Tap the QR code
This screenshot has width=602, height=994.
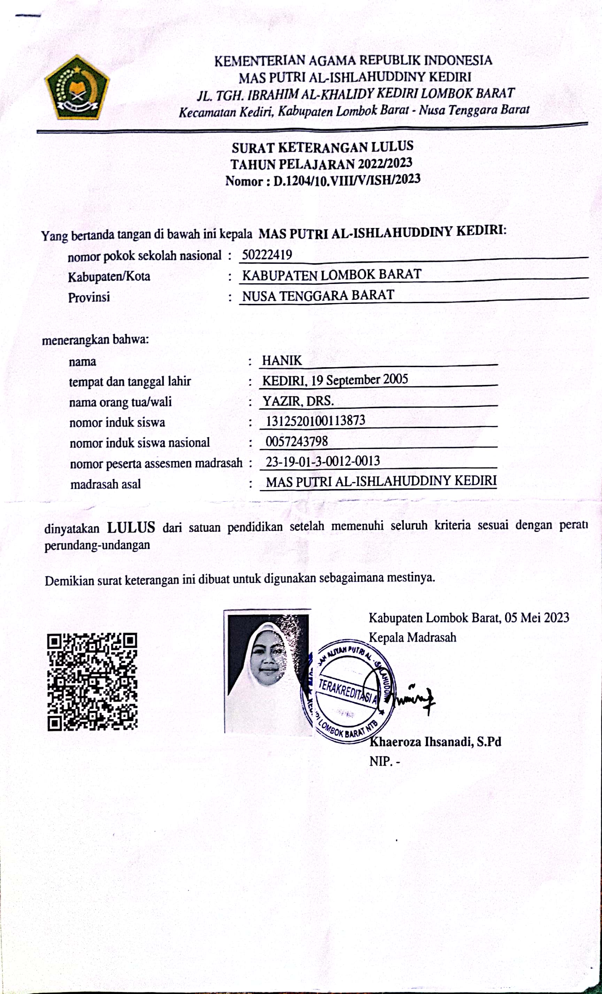92,682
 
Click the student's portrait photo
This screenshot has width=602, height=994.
268,672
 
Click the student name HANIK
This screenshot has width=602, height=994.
282,360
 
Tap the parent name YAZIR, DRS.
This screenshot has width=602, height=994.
298,401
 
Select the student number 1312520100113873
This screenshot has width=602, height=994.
315,421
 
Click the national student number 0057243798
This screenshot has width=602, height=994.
296,441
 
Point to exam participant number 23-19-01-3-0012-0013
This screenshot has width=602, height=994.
323,461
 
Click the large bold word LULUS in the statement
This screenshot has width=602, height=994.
131,527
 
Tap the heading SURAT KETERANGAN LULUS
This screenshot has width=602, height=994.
322,147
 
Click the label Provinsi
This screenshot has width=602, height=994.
89,298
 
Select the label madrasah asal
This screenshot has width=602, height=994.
105,484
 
